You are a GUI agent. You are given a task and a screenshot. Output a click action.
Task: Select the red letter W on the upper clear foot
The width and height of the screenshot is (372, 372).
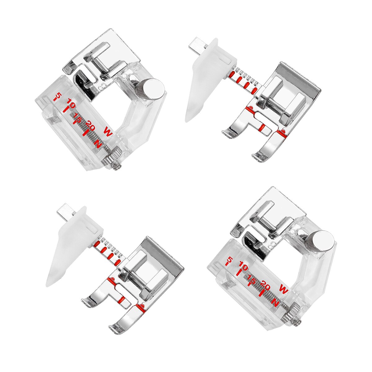pos(108,132)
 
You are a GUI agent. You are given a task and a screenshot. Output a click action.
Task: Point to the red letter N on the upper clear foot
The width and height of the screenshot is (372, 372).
pos(98,144)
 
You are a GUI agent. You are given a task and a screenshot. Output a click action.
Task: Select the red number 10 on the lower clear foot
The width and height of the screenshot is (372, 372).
pos(244,267)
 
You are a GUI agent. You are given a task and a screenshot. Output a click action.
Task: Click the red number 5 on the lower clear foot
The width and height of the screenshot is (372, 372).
pos(230,259)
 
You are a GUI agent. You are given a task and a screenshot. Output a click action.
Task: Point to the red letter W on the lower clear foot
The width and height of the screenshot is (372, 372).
pos(283,289)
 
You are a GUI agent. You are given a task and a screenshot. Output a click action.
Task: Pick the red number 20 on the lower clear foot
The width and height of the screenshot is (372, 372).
pos(265,283)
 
